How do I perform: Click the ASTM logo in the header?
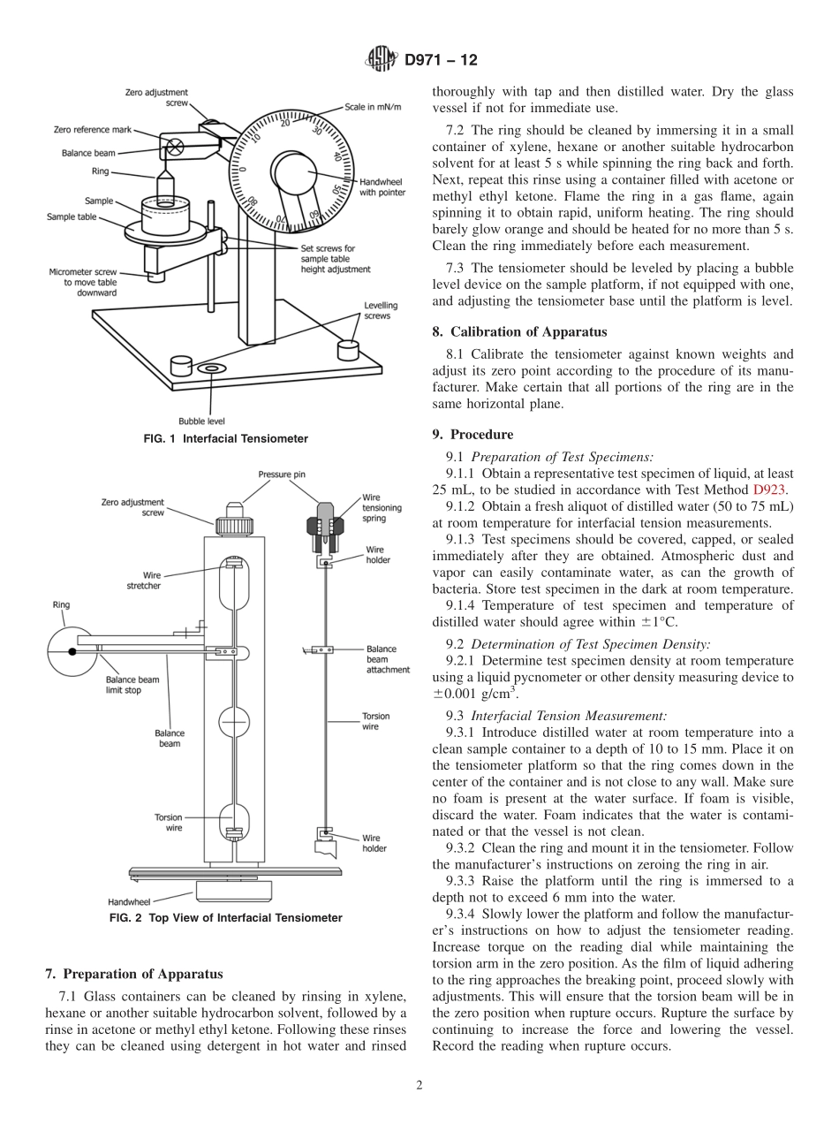pyautogui.click(x=382, y=60)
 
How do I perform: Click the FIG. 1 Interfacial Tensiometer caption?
pyautogui.click(x=225, y=438)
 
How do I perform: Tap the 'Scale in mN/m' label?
pyautogui.click(x=373, y=106)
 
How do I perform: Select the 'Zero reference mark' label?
pyautogui.click(x=92, y=129)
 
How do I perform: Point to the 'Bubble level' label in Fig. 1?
pyautogui.click(x=201, y=421)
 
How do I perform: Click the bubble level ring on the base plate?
pyautogui.click(x=212, y=367)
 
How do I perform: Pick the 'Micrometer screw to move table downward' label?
pyautogui.click(x=84, y=281)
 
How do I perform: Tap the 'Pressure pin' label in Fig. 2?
pyautogui.click(x=282, y=475)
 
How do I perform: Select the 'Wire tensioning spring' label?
pyautogui.click(x=382, y=507)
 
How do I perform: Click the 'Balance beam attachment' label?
pyautogui.click(x=388, y=659)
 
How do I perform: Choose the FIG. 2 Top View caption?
pyautogui.click(x=225, y=917)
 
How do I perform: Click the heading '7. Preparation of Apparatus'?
pyautogui.click(x=133, y=975)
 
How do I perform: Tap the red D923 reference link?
pyautogui.click(x=768, y=489)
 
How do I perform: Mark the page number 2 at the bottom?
pyautogui.click(x=419, y=1086)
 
